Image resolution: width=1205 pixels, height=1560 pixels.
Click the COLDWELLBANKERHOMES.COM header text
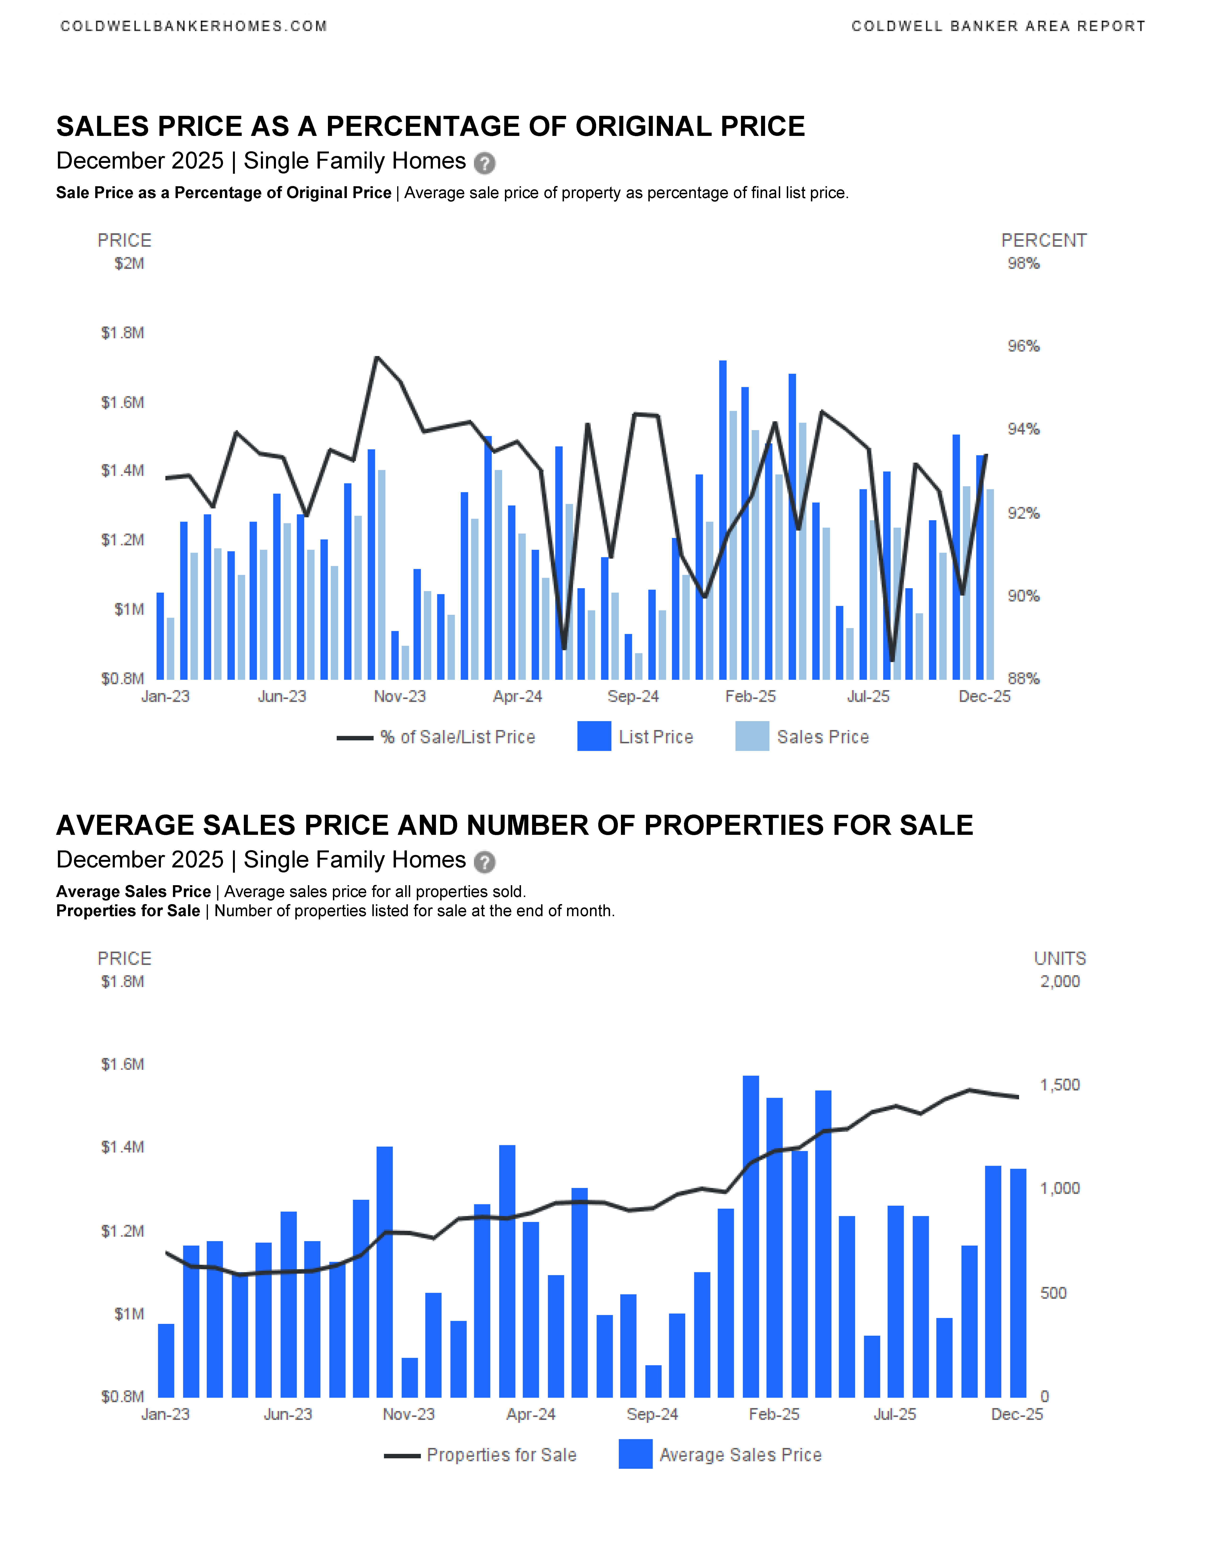coord(194,26)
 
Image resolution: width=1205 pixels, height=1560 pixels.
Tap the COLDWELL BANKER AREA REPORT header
coord(998,26)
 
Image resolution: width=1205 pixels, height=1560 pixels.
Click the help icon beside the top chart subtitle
coord(485,164)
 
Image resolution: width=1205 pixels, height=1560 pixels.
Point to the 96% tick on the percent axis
coord(1023,347)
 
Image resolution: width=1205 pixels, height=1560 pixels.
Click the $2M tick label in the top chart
coord(129,264)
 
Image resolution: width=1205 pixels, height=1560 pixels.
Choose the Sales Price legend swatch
coord(752,737)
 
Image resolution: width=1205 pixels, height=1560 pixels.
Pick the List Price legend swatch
coord(594,737)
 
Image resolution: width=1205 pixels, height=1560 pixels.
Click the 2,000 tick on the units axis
coord(1059,981)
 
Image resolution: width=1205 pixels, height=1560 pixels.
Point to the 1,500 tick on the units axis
coord(1059,1085)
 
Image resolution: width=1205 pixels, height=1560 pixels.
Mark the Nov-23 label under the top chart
coord(400,696)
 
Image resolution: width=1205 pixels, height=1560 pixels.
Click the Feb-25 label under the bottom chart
coord(774,1414)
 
